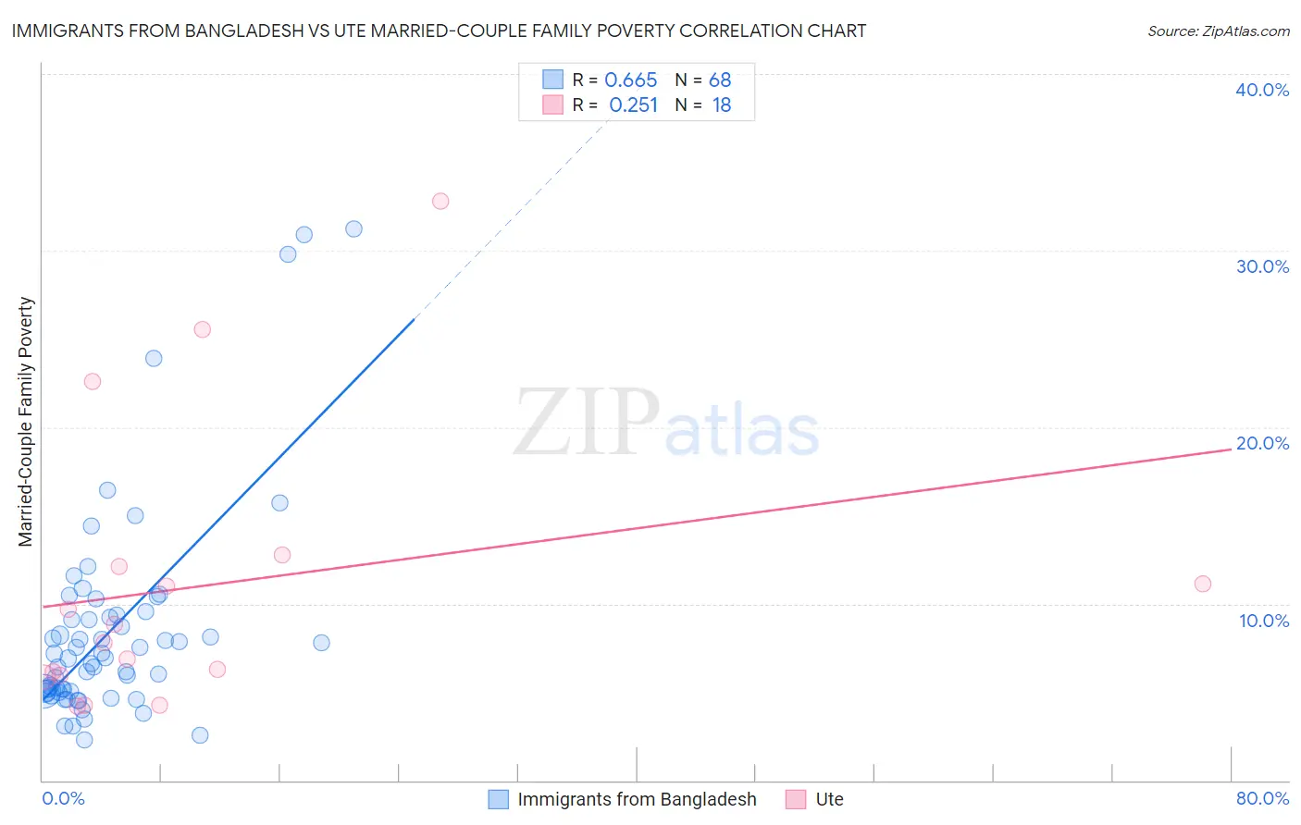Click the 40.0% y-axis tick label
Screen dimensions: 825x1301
1261,90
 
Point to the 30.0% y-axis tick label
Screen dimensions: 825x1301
1261,266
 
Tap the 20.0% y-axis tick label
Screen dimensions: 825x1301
1261,443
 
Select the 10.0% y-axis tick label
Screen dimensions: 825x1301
1263,621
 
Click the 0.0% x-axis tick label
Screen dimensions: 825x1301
63,798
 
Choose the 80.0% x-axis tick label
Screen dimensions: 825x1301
1262,798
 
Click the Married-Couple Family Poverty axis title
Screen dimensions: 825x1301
26,422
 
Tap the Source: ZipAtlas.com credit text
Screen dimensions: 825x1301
1218,31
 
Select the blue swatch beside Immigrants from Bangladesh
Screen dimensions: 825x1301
498,799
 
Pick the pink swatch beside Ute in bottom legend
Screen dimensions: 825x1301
796,799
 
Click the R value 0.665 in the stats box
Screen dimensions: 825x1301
630,80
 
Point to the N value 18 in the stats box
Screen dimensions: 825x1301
721,105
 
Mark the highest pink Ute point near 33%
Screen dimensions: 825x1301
440,202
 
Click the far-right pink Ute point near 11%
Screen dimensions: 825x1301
1202,584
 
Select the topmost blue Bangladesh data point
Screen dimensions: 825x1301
353,229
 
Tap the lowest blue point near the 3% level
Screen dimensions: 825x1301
84,740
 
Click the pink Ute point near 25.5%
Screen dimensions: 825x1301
203,329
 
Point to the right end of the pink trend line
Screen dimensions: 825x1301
1230,449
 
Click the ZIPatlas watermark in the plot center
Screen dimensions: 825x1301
666,424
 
